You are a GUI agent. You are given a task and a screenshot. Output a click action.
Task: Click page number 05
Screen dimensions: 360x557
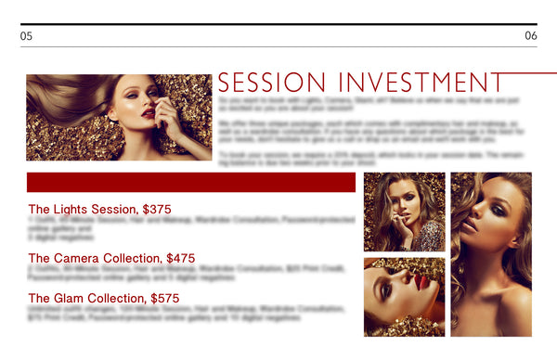[x=26, y=36]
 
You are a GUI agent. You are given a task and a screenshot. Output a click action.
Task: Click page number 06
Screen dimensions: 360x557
[x=530, y=36]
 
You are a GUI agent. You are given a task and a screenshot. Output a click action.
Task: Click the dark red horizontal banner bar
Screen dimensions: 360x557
[x=190, y=182]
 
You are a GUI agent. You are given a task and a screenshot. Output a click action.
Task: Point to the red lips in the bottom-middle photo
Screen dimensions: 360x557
[x=421, y=279]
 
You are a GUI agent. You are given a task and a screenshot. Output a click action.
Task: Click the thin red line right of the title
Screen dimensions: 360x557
[x=529, y=72]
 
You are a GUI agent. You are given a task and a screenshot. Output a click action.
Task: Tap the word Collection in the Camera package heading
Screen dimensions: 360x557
[x=132, y=258]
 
